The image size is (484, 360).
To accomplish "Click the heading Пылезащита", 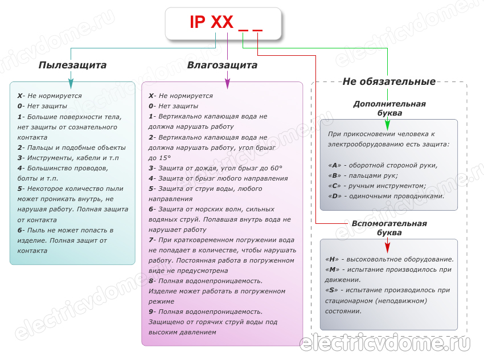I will [x=72, y=66].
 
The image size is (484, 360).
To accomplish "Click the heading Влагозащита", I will [x=222, y=66].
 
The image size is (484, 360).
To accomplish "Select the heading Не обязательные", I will [x=389, y=81].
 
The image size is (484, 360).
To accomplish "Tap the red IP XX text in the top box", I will [x=211, y=23].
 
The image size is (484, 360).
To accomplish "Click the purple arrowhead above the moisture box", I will [x=228, y=84].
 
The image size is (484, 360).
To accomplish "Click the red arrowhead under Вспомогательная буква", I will [x=388, y=246].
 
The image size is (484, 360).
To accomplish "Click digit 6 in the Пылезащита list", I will [x=19, y=230].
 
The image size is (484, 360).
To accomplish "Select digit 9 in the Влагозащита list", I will [x=151, y=312].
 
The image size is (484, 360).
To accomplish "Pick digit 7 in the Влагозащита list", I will [x=151, y=240].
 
